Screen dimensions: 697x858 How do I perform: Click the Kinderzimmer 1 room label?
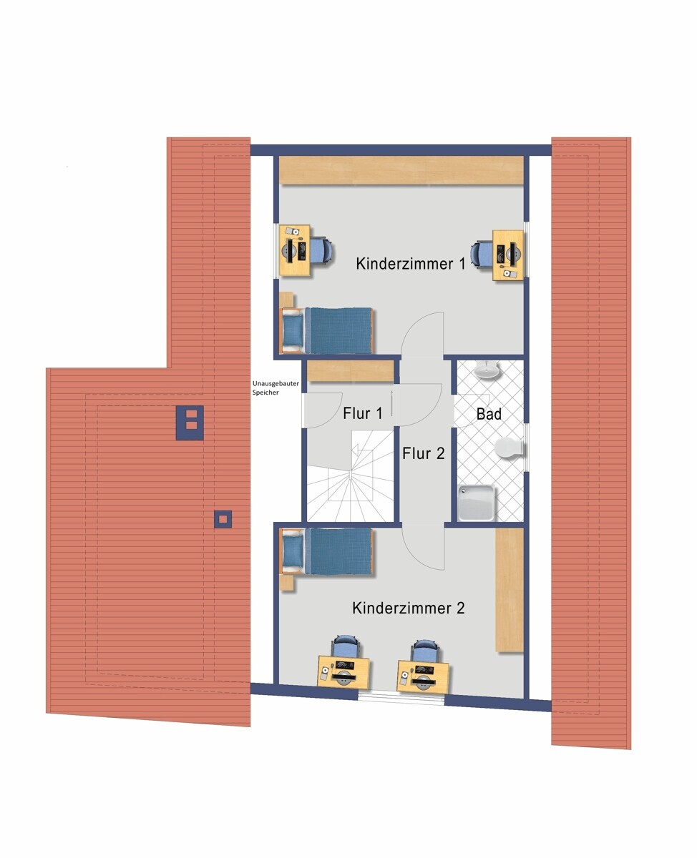(x=411, y=264)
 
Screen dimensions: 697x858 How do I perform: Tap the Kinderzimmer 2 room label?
(x=409, y=608)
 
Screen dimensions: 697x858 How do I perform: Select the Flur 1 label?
(x=362, y=413)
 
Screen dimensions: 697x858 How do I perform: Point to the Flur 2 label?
(x=423, y=453)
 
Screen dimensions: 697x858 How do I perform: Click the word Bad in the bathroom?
(x=489, y=414)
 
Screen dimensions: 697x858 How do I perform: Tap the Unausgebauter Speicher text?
(x=276, y=388)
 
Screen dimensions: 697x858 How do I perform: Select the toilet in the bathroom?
(x=509, y=448)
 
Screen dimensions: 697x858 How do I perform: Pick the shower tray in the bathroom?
(x=477, y=503)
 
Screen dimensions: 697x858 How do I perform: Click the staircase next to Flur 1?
(x=350, y=476)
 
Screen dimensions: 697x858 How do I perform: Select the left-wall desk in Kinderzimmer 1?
(x=296, y=250)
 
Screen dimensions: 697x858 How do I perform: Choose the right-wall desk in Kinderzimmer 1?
(x=508, y=255)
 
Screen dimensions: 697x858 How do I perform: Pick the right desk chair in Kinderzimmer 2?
(x=424, y=649)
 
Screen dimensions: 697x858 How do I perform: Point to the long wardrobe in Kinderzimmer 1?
(x=401, y=170)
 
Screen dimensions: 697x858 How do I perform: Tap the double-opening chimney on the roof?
(x=190, y=423)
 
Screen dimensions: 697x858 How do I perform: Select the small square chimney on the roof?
(x=223, y=519)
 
